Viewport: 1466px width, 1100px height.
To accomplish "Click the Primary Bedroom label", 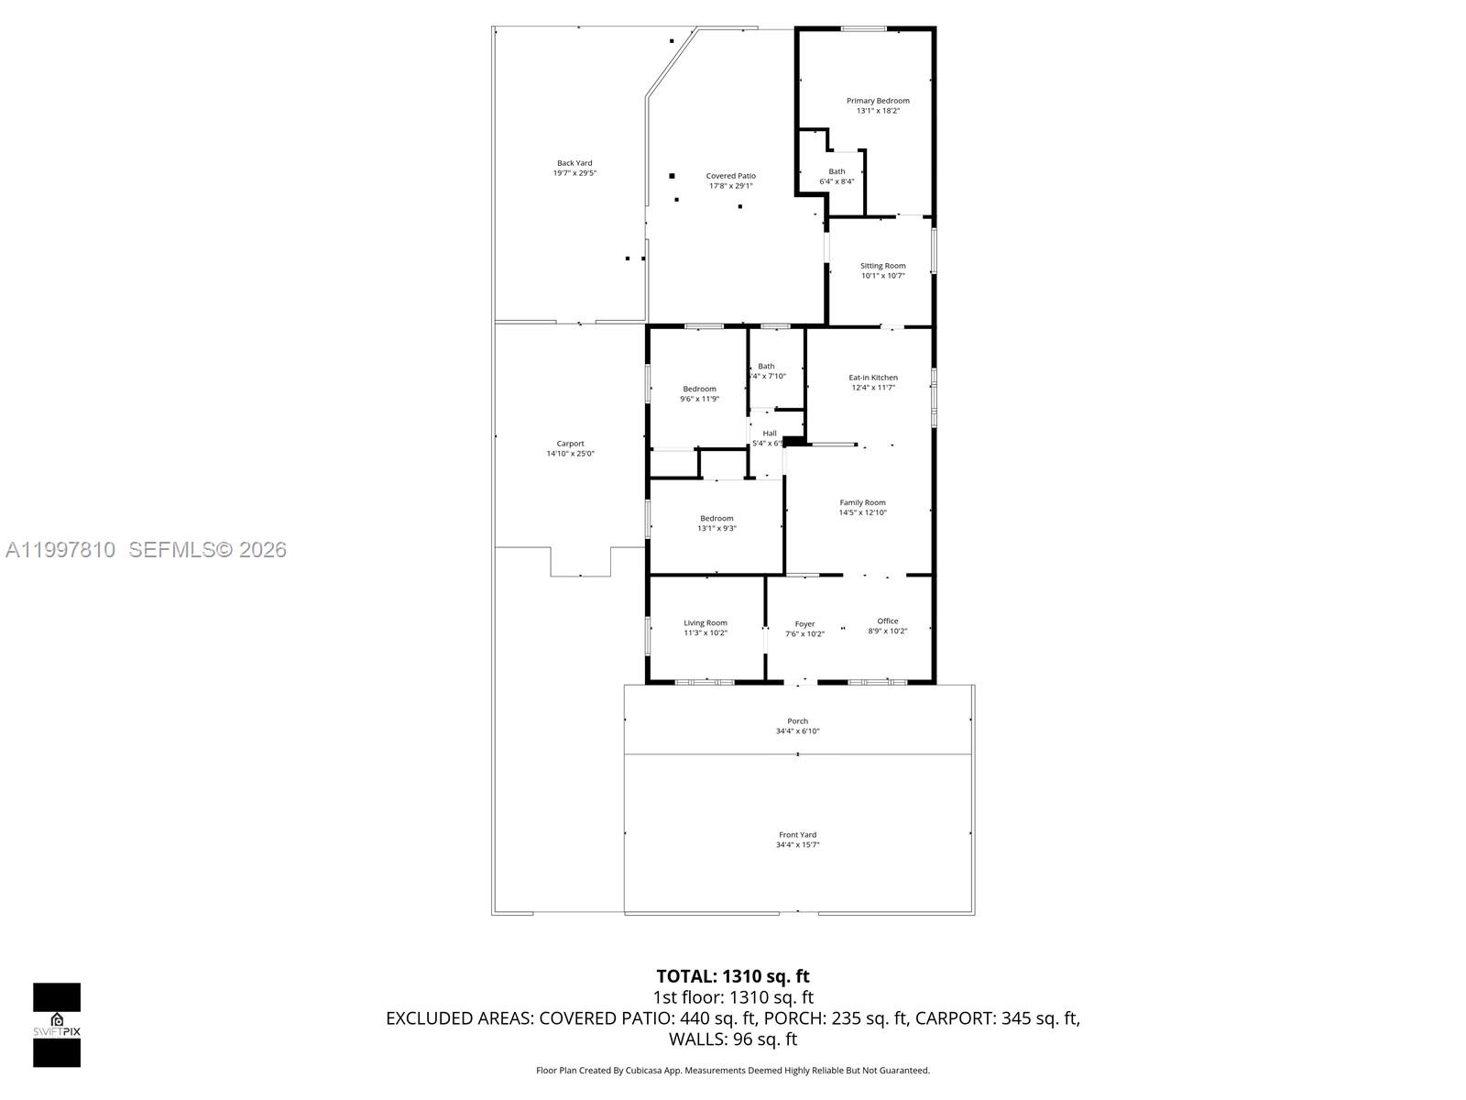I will click(x=878, y=101).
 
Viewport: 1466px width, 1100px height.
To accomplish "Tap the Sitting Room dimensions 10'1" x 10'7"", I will click(x=882, y=276).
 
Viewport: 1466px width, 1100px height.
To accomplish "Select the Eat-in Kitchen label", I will click(x=872, y=378).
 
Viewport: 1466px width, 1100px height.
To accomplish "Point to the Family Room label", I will click(x=862, y=502).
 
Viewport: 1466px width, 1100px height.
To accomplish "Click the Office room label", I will click(x=887, y=621).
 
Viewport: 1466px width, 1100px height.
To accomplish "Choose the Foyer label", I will click(x=804, y=624).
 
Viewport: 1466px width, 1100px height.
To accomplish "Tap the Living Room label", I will click(x=705, y=623).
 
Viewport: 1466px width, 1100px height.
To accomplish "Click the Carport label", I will click(x=570, y=444).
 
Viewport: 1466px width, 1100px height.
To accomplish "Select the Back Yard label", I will click(x=574, y=163).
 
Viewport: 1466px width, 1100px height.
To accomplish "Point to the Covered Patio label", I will click(x=730, y=176).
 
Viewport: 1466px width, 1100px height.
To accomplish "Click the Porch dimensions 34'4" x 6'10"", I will click(x=797, y=731).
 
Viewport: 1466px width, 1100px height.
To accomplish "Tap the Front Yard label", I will click(x=797, y=835).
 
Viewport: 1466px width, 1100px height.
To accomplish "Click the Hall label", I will click(x=770, y=434).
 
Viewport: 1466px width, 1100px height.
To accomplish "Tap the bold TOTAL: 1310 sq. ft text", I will click(x=732, y=976).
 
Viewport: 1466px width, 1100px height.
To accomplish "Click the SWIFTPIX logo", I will click(x=57, y=1025).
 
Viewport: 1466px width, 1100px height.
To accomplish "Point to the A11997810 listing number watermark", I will click(x=60, y=550).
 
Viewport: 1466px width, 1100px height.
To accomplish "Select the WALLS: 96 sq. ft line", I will click(x=732, y=1039).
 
